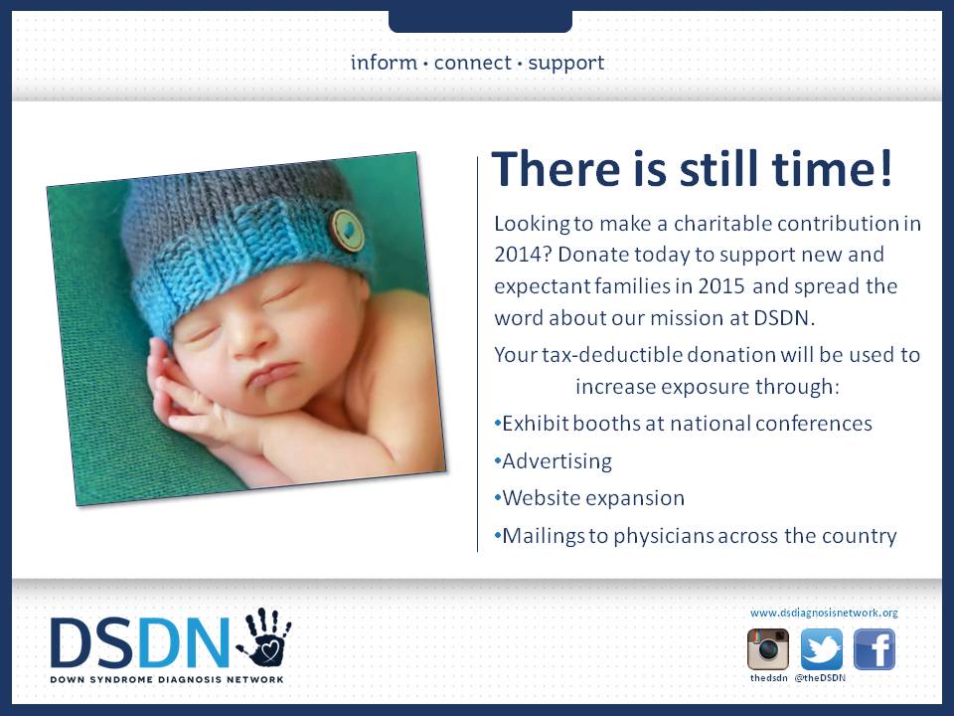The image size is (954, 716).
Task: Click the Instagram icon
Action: [768, 649]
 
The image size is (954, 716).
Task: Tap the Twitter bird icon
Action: [822, 649]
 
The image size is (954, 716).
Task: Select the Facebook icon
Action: [874, 649]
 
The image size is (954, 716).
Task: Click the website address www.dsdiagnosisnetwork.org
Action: [824, 614]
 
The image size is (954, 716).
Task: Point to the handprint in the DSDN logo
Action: [263, 636]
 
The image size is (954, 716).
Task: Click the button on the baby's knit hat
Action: [348, 231]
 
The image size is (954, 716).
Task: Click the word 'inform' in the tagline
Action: [384, 62]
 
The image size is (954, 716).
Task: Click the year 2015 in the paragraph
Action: [721, 286]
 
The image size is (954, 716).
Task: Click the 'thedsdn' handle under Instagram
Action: [768, 677]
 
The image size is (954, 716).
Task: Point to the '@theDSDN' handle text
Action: [820, 677]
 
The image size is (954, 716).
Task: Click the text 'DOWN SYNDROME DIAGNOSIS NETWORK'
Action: [167, 679]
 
